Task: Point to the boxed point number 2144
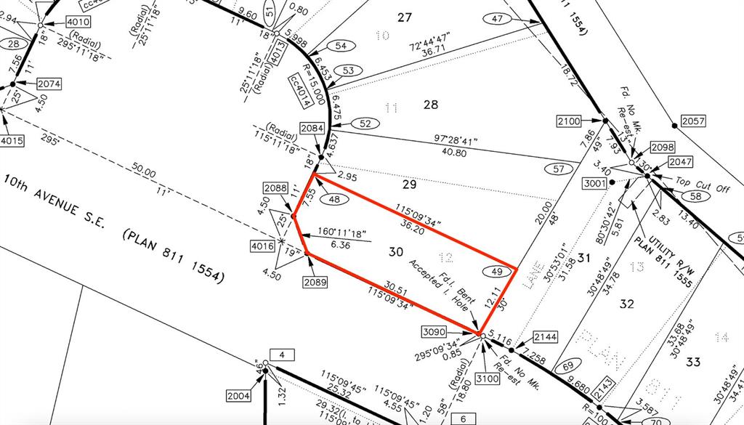[x=545, y=337]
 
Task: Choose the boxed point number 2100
[x=570, y=120]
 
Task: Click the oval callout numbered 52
[x=366, y=123]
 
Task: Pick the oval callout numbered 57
[x=559, y=169]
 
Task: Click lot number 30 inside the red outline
[x=395, y=252]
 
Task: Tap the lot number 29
[x=409, y=185]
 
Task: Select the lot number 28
[x=431, y=105]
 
